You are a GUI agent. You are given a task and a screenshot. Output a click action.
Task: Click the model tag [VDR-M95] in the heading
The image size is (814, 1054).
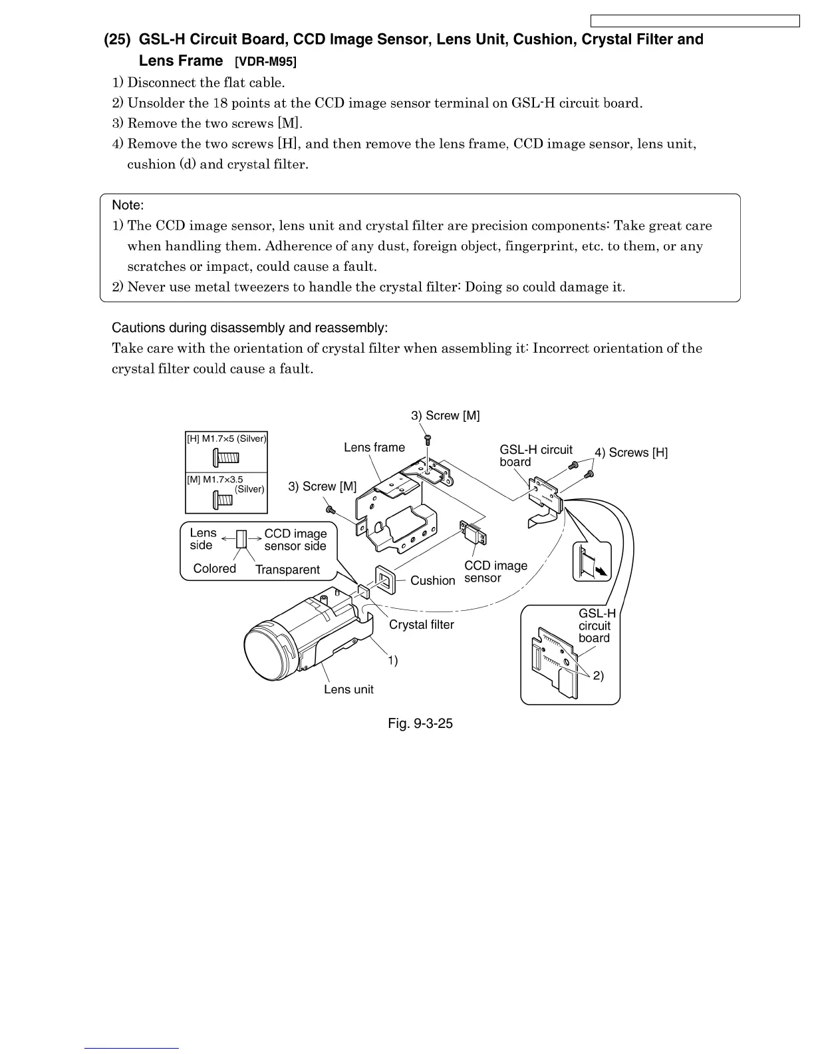(x=266, y=62)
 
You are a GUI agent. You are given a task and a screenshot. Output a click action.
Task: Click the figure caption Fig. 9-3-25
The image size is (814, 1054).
(x=420, y=723)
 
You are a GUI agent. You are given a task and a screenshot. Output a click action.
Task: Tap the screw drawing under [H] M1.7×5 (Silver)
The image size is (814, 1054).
(x=226, y=457)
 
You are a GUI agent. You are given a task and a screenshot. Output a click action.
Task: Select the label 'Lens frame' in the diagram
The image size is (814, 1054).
(x=374, y=447)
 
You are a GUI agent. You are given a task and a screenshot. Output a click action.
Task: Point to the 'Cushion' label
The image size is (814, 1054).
(x=432, y=580)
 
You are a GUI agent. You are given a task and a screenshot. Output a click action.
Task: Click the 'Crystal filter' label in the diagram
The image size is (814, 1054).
(x=421, y=624)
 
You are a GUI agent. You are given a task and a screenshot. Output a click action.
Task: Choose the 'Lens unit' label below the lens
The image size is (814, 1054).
(x=348, y=689)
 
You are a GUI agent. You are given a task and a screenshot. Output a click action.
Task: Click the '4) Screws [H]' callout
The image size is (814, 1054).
(x=631, y=452)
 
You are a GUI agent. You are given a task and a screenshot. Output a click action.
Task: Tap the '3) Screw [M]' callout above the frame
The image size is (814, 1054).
(x=445, y=415)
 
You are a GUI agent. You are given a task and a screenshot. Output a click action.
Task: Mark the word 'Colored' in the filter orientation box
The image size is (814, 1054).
(x=214, y=568)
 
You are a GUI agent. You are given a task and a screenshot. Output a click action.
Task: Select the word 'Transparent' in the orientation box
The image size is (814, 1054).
(x=287, y=570)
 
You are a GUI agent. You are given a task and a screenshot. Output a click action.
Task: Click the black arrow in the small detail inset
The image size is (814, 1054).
(x=602, y=570)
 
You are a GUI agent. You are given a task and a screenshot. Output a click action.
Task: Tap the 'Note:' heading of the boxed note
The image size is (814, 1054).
(x=128, y=205)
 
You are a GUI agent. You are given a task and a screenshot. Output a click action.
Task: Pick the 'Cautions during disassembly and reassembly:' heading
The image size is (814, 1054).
(x=249, y=328)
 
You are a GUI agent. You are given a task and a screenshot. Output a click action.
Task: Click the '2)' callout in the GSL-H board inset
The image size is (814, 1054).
(x=598, y=676)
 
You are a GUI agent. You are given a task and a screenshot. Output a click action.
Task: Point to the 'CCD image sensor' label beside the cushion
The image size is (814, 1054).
(x=495, y=572)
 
